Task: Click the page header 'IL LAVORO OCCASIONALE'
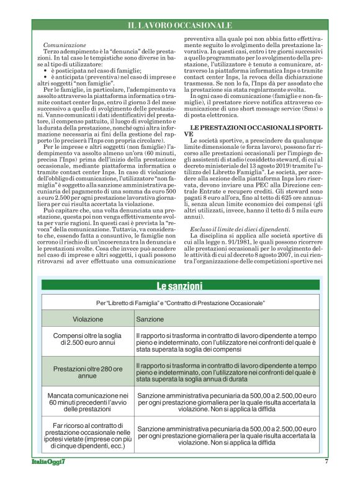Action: pos(179,25)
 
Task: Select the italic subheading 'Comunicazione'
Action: pos(65,46)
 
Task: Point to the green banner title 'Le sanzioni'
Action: pos(179,286)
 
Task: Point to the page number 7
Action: pos(326,478)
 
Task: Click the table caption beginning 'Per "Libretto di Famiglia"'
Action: pos(179,302)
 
